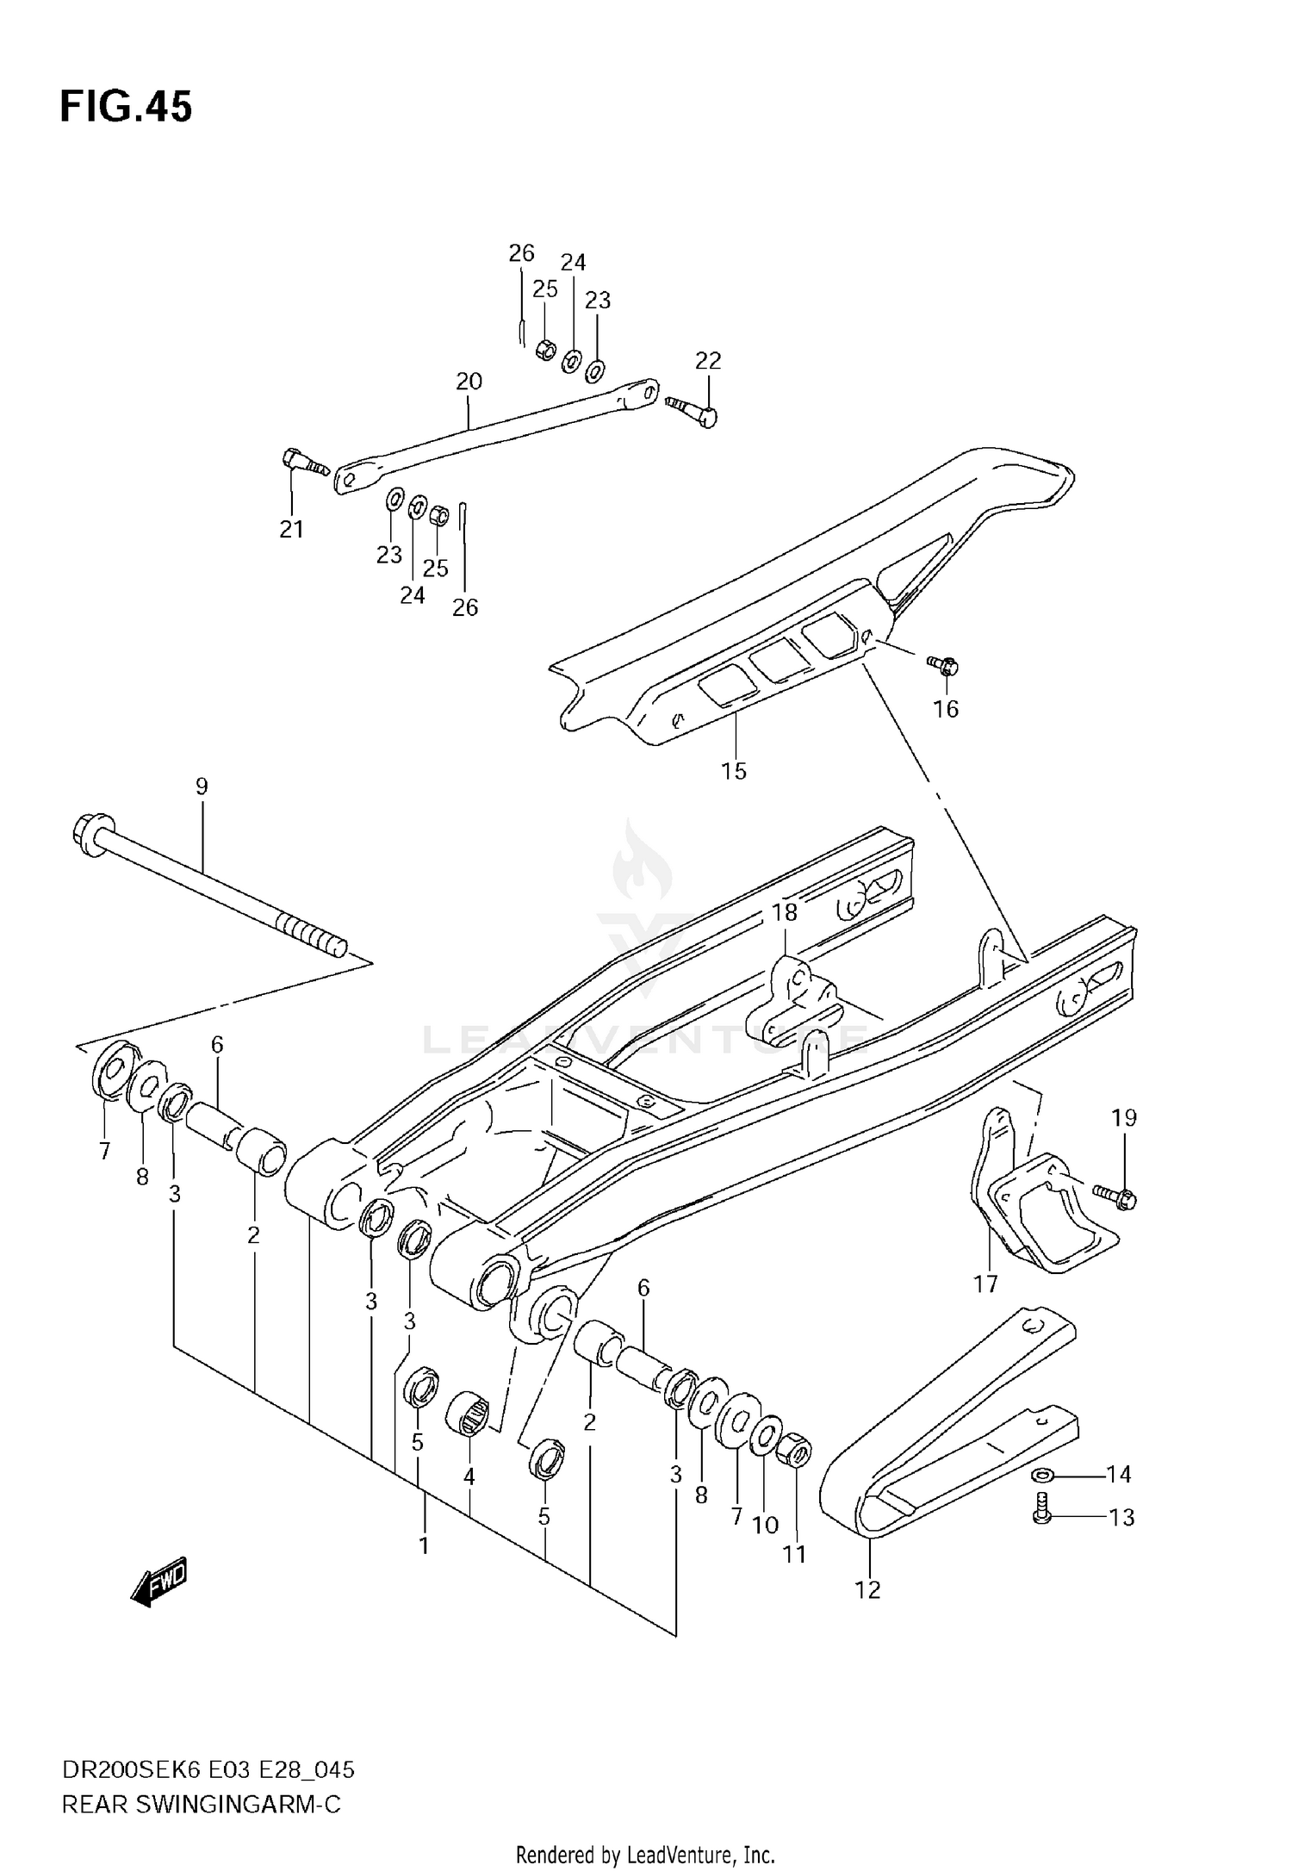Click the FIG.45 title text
tap(126, 108)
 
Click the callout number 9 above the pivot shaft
tap(202, 786)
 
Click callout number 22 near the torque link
tap(708, 360)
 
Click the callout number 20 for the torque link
tap(469, 381)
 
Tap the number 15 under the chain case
tap(734, 771)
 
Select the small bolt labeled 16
tap(944, 665)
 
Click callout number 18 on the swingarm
tap(784, 911)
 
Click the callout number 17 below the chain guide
tap(985, 1308)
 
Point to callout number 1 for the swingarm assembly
tap(424, 1546)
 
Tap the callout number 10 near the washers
tap(765, 1524)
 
